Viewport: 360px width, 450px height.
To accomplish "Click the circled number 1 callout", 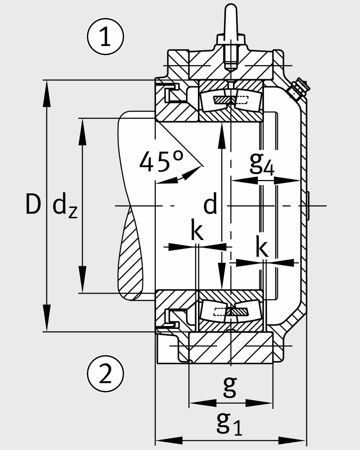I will [105, 38].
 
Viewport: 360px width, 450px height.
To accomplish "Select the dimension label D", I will [33, 205].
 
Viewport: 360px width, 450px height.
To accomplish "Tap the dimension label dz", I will [64, 207].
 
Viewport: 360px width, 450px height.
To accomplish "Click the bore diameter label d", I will [210, 205].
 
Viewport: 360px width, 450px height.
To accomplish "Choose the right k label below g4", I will [261, 248].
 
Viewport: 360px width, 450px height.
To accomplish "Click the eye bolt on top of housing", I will [231, 26].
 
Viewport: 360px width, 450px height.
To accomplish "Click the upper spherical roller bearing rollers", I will [229, 100].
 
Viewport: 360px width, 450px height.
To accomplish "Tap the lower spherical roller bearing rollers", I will [229, 311].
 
